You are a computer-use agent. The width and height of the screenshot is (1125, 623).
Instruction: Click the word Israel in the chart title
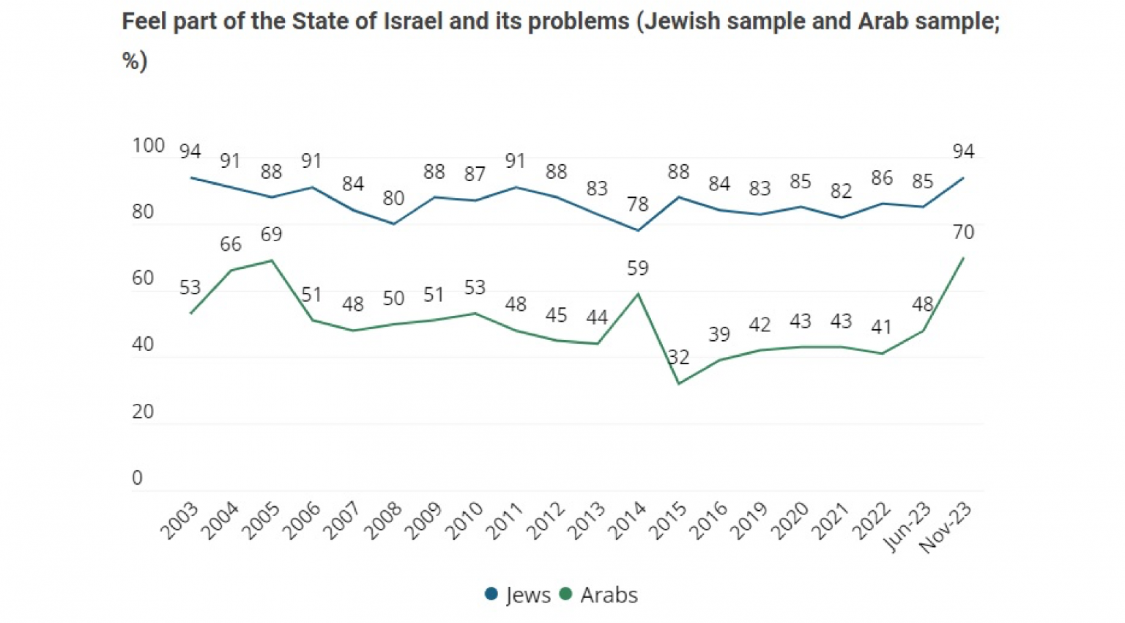tap(413, 21)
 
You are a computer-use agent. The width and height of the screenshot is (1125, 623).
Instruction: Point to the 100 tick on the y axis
tap(148, 145)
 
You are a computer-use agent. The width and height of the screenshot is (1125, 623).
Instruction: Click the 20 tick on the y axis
tap(143, 411)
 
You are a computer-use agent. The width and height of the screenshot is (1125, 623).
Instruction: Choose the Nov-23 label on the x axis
tap(946, 528)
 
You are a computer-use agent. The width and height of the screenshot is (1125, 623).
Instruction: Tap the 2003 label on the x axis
tap(179, 520)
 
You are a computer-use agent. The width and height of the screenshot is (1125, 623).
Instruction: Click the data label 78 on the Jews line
tap(637, 204)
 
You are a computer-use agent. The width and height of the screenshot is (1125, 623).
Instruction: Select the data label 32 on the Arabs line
tap(678, 357)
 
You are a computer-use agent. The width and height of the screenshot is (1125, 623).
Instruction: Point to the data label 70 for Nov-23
tap(963, 232)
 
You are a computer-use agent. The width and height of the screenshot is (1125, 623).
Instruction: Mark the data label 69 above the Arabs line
tap(271, 235)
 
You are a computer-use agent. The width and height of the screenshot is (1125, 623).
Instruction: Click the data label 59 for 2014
tap(637, 268)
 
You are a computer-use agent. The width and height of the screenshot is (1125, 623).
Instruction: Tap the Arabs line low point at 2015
tap(678, 383)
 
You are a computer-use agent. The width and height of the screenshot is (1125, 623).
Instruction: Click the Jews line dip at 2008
tap(393, 224)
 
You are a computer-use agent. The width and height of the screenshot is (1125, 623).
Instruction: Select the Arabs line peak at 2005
tap(272, 260)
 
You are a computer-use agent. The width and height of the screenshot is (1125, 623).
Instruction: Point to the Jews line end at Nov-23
tap(963, 177)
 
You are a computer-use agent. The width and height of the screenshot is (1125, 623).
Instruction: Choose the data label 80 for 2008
tap(393, 198)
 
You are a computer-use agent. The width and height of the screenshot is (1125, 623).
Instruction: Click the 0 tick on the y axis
tap(137, 478)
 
